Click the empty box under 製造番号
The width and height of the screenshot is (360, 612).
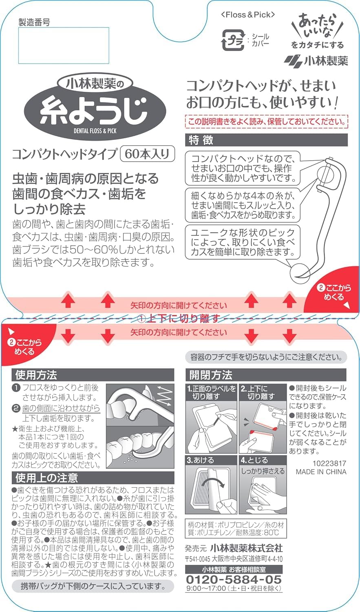click(x=64, y=45)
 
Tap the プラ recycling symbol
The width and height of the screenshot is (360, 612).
click(x=232, y=40)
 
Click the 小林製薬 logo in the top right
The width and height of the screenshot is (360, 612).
click(x=316, y=61)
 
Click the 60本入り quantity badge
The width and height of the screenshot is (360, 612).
click(x=148, y=154)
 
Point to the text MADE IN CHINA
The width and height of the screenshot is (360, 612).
click(x=321, y=472)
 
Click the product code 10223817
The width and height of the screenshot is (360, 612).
click(x=329, y=463)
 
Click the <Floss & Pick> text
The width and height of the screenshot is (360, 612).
click(x=248, y=15)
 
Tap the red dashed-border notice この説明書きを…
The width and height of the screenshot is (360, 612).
click(x=267, y=122)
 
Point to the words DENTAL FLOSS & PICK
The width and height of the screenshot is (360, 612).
click(x=95, y=131)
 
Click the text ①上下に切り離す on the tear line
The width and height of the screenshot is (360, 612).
click(x=179, y=318)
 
